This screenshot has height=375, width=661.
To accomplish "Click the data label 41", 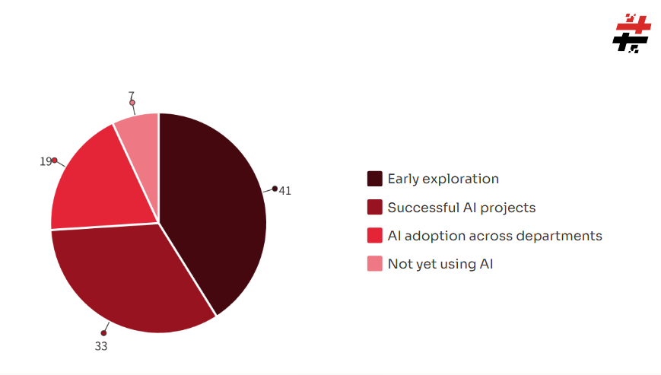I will tap(285, 191).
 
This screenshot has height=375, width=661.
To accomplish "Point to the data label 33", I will tap(101, 346).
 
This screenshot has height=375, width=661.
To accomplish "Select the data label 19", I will tap(46, 161).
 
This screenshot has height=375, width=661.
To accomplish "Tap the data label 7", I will tap(132, 96).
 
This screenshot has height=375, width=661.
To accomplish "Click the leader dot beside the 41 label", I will tap(275, 189).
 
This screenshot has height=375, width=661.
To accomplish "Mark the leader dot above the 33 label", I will tap(103, 333).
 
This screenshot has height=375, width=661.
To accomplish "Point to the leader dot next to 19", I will tap(55, 160).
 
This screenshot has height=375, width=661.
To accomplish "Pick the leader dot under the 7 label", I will tap(132, 103).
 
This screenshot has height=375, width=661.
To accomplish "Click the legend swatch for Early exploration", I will tap(375, 179).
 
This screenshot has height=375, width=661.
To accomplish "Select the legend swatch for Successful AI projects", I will tap(375, 208).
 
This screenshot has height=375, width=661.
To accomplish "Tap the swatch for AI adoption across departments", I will tap(375, 236).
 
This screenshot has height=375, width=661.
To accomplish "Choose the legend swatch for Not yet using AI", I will tap(375, 264).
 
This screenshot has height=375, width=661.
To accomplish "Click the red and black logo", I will tap(631, 33).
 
